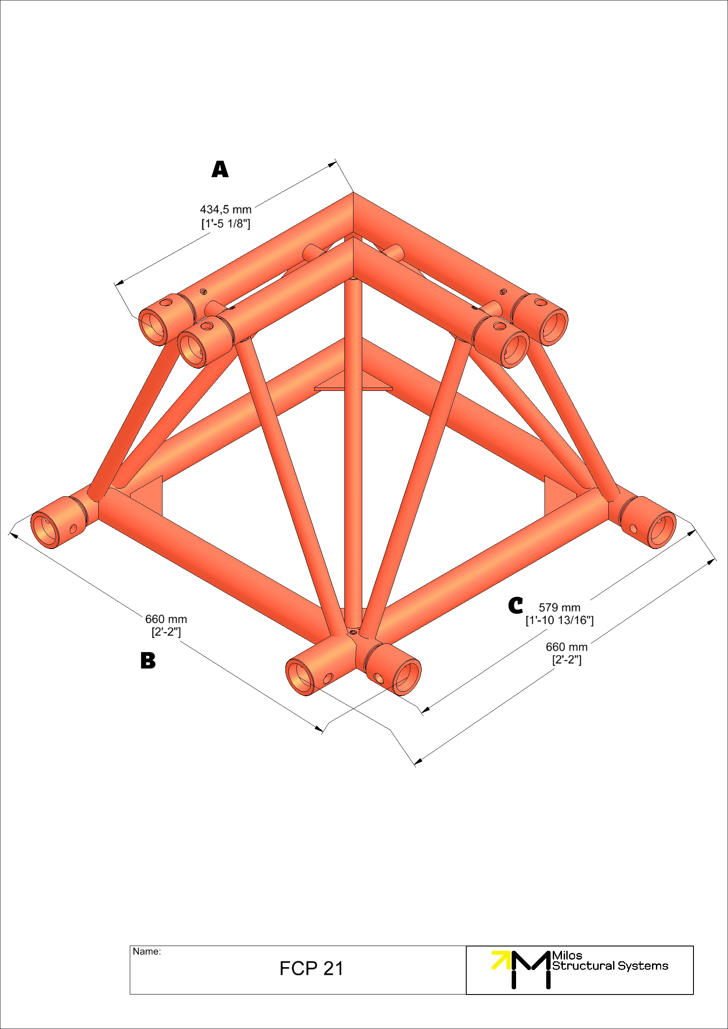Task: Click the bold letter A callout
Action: coord(220,169)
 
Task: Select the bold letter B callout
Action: coord(148,661)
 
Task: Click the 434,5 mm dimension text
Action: coord(225,209)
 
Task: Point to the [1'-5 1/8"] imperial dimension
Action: coord(225,223)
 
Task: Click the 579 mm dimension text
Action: coord(559,607)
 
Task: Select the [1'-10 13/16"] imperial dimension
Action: coord(559,620)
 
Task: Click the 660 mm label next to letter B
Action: coord(166,619)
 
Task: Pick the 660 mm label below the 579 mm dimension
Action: coord(567,647)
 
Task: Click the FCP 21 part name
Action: coord(311,968)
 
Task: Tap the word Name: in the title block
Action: coord(146,951)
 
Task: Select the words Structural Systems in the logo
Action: coord(610,966)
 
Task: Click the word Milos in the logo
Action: coord(567,955)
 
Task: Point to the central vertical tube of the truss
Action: coord(353,448)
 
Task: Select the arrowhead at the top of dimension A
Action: coord(332,165)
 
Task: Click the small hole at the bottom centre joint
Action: coord(353,632)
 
